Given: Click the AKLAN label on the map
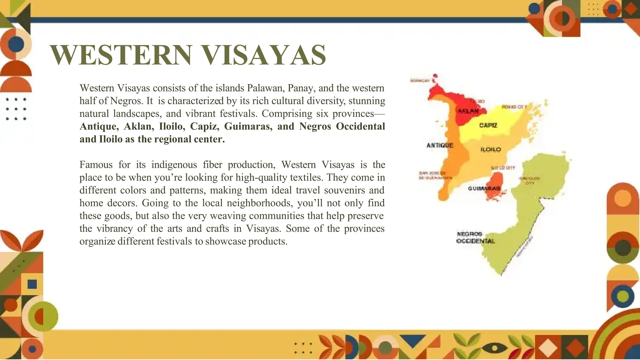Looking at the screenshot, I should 468,111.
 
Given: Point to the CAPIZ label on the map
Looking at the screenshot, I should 488,125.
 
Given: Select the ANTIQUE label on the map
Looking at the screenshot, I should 440,145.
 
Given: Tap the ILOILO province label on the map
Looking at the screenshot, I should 491,150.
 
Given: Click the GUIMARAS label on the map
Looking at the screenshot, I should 484,188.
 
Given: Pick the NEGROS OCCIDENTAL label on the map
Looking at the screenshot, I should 475,237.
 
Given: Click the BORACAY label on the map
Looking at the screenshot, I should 420,81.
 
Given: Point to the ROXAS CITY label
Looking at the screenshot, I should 514,107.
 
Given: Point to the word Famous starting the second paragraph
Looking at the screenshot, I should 96,165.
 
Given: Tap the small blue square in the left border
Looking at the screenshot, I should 32,284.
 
